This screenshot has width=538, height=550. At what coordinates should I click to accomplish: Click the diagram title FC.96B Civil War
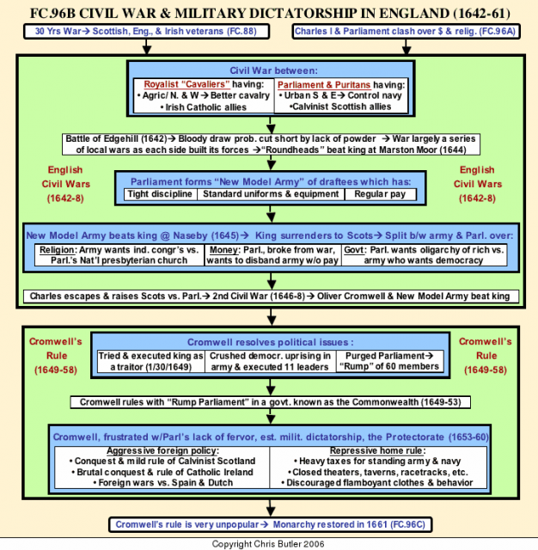[270, 13]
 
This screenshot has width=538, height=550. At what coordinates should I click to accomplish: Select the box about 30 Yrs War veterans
[147, 31]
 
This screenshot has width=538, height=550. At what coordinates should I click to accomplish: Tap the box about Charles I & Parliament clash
[406, 31]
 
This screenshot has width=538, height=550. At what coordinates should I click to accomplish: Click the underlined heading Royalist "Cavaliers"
[187, 84]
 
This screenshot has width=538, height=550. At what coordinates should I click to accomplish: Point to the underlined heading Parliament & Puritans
[324, 85]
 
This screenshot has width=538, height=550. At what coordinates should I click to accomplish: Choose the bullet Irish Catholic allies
[204, 107]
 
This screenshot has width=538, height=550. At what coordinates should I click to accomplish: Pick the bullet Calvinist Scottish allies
[339, 107]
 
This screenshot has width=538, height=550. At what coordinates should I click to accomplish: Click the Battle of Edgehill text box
[271, 144]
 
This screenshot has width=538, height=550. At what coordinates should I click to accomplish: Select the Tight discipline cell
[160, 194]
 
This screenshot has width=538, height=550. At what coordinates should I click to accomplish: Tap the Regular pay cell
[381, 194]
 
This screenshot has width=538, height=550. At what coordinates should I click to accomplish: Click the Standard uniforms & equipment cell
[271, 194]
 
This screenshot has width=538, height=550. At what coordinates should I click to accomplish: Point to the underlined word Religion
[58, 250]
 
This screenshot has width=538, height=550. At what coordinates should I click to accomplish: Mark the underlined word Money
[224, 250]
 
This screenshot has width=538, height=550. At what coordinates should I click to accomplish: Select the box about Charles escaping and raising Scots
[271, 296]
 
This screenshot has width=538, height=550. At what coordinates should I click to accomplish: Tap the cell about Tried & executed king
[151, 361]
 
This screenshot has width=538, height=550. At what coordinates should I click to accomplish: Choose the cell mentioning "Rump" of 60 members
[389, 361]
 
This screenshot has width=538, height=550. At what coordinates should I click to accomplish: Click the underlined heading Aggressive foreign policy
[162, 450]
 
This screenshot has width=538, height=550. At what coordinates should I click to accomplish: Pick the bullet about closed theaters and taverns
[378, 472]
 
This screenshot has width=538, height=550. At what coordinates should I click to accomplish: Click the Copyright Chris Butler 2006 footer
[268, 544]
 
